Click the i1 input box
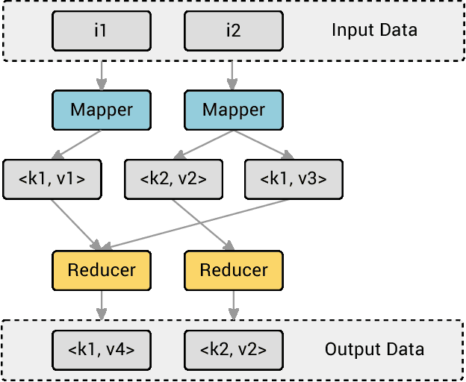coord(101,31)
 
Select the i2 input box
coord(233,31)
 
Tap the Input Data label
coord(374,31)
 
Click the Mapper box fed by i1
coord(101,110)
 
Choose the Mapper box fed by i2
coord(234,110)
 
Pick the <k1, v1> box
coord(52,179)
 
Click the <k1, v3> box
coord(293,179)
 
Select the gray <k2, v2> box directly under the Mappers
coord(173,179)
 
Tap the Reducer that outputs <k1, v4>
coord(101,270)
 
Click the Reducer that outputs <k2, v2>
coord(234,270)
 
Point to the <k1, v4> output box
coord(101,349)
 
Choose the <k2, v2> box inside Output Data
coord(234,349)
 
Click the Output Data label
coord(374,349)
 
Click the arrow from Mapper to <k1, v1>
coord(79,144)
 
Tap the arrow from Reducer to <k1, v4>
coord(101,304)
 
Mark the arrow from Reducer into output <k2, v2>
coord(234,304)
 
